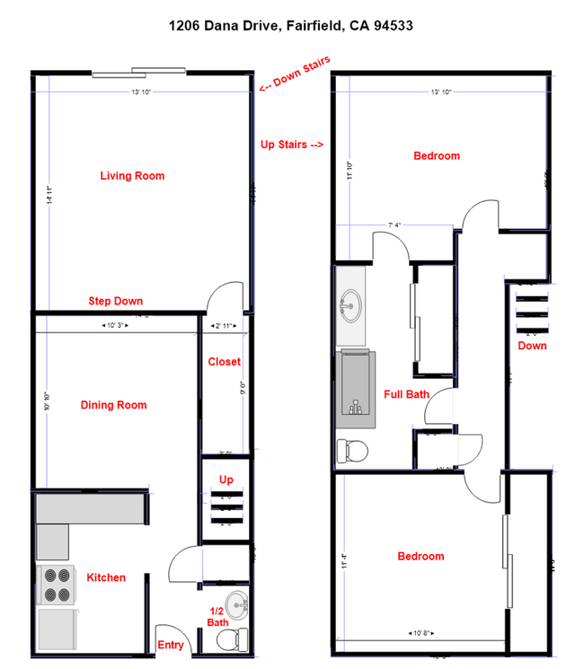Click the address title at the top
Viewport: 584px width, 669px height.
[291, 26]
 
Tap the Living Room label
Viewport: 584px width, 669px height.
[132, 176]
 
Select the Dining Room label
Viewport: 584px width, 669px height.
[113, 405]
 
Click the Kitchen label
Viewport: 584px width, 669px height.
[105, 577]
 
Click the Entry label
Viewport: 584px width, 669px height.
[171, 645]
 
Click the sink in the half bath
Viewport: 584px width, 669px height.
[235, 606]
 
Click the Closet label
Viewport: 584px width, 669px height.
[224, 362]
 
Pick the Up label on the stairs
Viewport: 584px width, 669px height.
[226, 480]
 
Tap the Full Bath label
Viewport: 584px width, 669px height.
[406, 393]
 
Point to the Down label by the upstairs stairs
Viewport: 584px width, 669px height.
[532, 346]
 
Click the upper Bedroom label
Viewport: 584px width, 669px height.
[437, 156]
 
